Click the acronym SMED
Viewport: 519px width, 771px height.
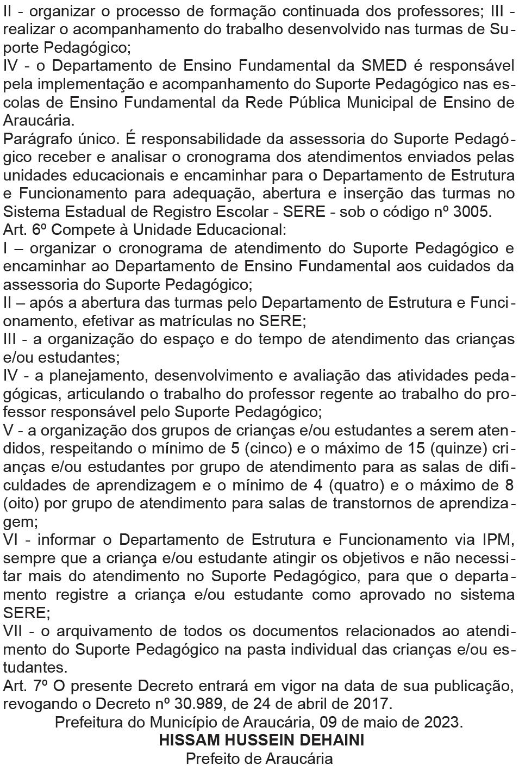coord(384,66)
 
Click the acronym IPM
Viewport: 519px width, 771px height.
coord(498,540)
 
